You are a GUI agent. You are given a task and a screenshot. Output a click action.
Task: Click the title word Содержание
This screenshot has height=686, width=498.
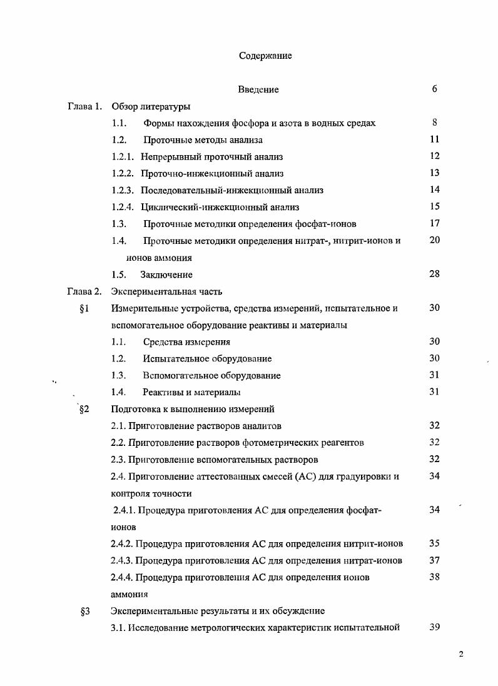click(x=265, y=56)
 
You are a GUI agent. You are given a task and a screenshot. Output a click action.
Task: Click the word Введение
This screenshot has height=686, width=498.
click(x=258, y=89)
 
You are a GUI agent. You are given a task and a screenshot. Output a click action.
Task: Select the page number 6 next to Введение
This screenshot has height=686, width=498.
click(x=434, y=89)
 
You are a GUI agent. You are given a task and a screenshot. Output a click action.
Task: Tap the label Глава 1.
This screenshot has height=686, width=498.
click(x=84, y=106)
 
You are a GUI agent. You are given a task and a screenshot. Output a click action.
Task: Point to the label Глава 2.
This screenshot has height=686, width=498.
click(x=84, y=291)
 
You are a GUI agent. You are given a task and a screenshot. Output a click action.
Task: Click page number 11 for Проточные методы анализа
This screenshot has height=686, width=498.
click(x=434, y=139)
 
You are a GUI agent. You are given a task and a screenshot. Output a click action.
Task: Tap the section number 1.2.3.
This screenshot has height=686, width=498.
click(x=123, y=190)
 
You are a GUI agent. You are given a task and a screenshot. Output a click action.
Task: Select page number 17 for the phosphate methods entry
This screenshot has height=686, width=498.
click(x=434, y=223)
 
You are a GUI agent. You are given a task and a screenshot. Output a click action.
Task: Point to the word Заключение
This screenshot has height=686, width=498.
click(x=166, y=275)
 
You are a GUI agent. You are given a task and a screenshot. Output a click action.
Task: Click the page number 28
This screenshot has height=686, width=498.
click(x=434, y=274)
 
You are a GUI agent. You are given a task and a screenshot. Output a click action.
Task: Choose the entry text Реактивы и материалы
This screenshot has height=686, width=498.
click(x=191, y=392)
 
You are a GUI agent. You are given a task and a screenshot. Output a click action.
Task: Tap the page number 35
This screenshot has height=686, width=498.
click(x=434, y=543)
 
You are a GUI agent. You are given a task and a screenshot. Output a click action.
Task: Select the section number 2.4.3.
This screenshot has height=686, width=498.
click(x=121, y=560)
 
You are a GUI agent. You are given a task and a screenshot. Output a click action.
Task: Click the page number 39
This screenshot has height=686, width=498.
click(x=434, y=627)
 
